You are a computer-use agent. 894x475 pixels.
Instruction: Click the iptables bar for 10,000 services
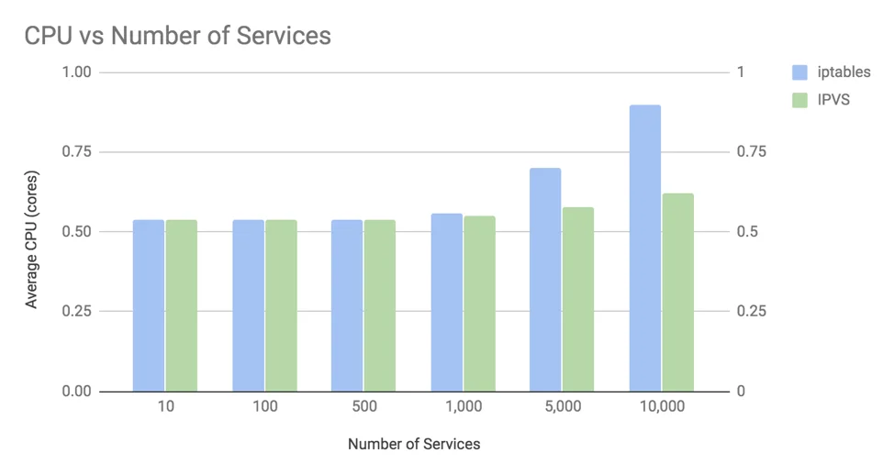[x=645, y=249]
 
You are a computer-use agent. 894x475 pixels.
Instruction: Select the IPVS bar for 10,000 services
[x=678, y=293]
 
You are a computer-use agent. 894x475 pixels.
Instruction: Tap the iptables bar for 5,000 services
[x=545, y=280]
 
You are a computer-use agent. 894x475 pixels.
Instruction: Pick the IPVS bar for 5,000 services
[x=578, y=299]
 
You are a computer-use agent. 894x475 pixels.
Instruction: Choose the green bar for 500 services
[x=380, y=305]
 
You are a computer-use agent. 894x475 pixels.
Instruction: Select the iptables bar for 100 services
[x=248, y=305]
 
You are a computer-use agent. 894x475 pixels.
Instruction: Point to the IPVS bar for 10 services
[x=182, y=305]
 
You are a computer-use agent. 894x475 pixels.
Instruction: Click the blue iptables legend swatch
[x=799, y=72]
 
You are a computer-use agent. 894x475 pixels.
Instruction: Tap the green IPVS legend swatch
[x=799, y=99]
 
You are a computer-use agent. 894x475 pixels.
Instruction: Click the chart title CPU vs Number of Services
[x=177, y=36]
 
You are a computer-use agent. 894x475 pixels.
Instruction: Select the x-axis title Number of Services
[x=414, y=444]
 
